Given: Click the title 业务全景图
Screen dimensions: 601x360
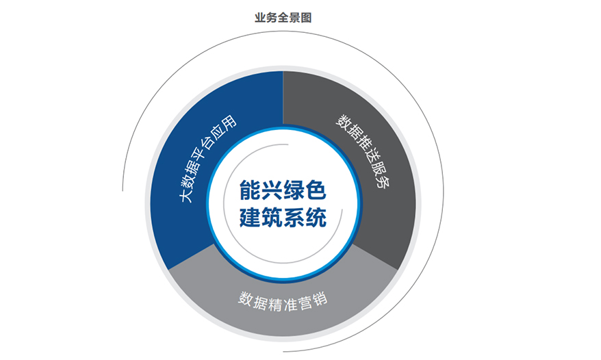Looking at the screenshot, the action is point(283,18).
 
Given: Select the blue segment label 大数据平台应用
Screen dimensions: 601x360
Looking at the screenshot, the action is point(208,158).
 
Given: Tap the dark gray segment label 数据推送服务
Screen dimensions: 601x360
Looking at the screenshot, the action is point(363,151).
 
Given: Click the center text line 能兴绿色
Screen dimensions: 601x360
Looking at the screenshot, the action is point(283,190).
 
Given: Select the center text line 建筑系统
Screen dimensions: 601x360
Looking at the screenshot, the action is point(283,218).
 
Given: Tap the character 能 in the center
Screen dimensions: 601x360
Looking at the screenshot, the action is point(251,190).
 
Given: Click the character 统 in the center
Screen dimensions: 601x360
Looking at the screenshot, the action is point(316,218).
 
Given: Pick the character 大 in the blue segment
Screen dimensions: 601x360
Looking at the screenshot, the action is point(186,196).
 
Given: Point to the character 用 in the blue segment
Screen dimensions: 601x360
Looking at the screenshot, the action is point(229,123).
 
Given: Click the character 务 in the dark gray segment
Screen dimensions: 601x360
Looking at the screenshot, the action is point(383,181).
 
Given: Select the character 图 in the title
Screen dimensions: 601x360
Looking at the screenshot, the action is point(306,18).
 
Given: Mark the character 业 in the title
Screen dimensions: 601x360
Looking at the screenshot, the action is point(260,18).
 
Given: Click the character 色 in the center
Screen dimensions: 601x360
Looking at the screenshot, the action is point(316,190).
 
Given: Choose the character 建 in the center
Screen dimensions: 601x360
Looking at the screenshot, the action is point(251,218).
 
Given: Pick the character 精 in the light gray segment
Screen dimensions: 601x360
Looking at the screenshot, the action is point(274,304).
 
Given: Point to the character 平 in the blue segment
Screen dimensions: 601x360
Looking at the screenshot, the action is point(203,159).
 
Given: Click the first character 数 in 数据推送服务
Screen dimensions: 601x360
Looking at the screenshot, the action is point(343,120).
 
